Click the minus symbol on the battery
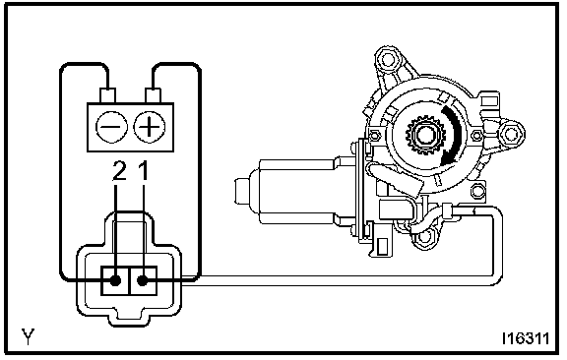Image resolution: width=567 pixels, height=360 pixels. [112, 127]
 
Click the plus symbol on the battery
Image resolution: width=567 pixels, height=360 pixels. [149, 127]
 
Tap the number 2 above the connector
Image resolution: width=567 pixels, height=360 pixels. [119, 170]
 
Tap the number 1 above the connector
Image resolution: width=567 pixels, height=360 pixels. [144, 170]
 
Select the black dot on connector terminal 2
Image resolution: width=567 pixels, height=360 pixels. [115, 280]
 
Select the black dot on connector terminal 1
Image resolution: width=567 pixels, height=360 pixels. [143, 280]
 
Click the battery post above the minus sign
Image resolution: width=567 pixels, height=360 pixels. [107, 95]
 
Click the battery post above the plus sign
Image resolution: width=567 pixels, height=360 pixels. [153, 95]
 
